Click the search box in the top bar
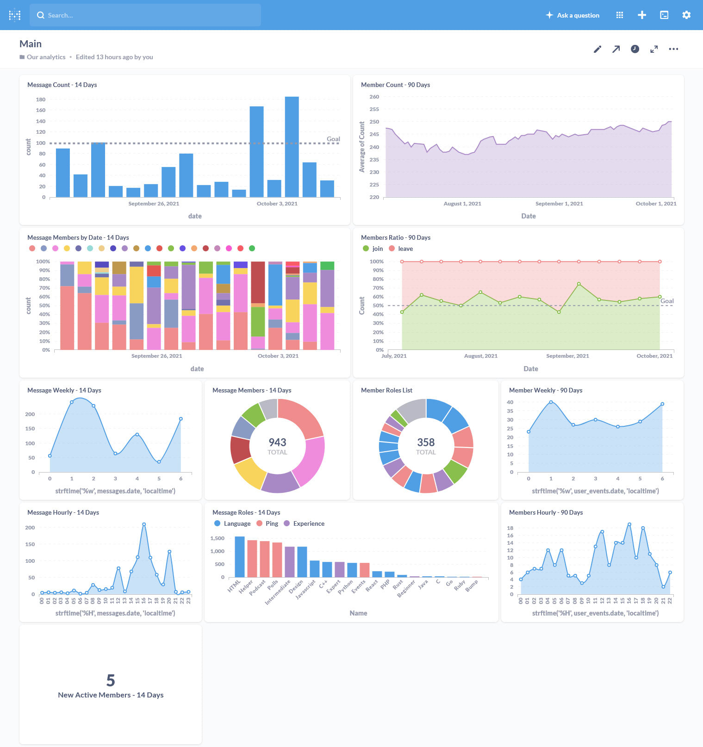145,15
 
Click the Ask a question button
572,15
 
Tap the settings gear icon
686,15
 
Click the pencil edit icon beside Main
597,49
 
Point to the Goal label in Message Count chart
333,139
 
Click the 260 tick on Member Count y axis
374,97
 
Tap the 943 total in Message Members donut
277,442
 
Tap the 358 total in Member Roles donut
426,442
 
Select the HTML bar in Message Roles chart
240,556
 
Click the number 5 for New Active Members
110,680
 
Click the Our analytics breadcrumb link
46,57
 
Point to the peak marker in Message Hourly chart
144,524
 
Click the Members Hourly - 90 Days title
546,512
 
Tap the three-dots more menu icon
673,49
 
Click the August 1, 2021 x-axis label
462,204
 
